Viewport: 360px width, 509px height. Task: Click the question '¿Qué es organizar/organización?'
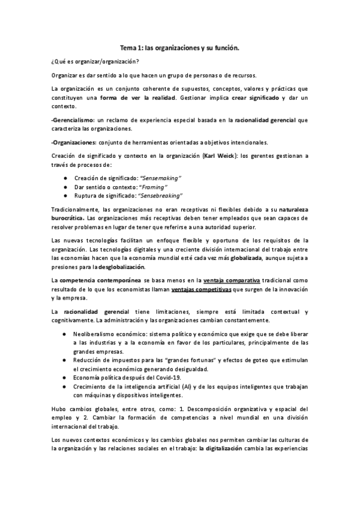(95, 62)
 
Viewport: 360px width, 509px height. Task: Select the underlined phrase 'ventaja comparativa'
(215, 280)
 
